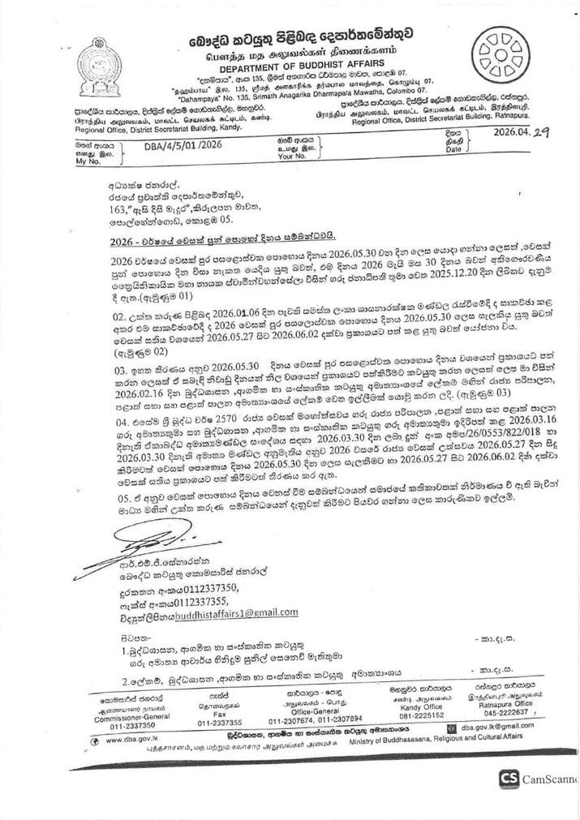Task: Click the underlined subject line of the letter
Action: (221, 241)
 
